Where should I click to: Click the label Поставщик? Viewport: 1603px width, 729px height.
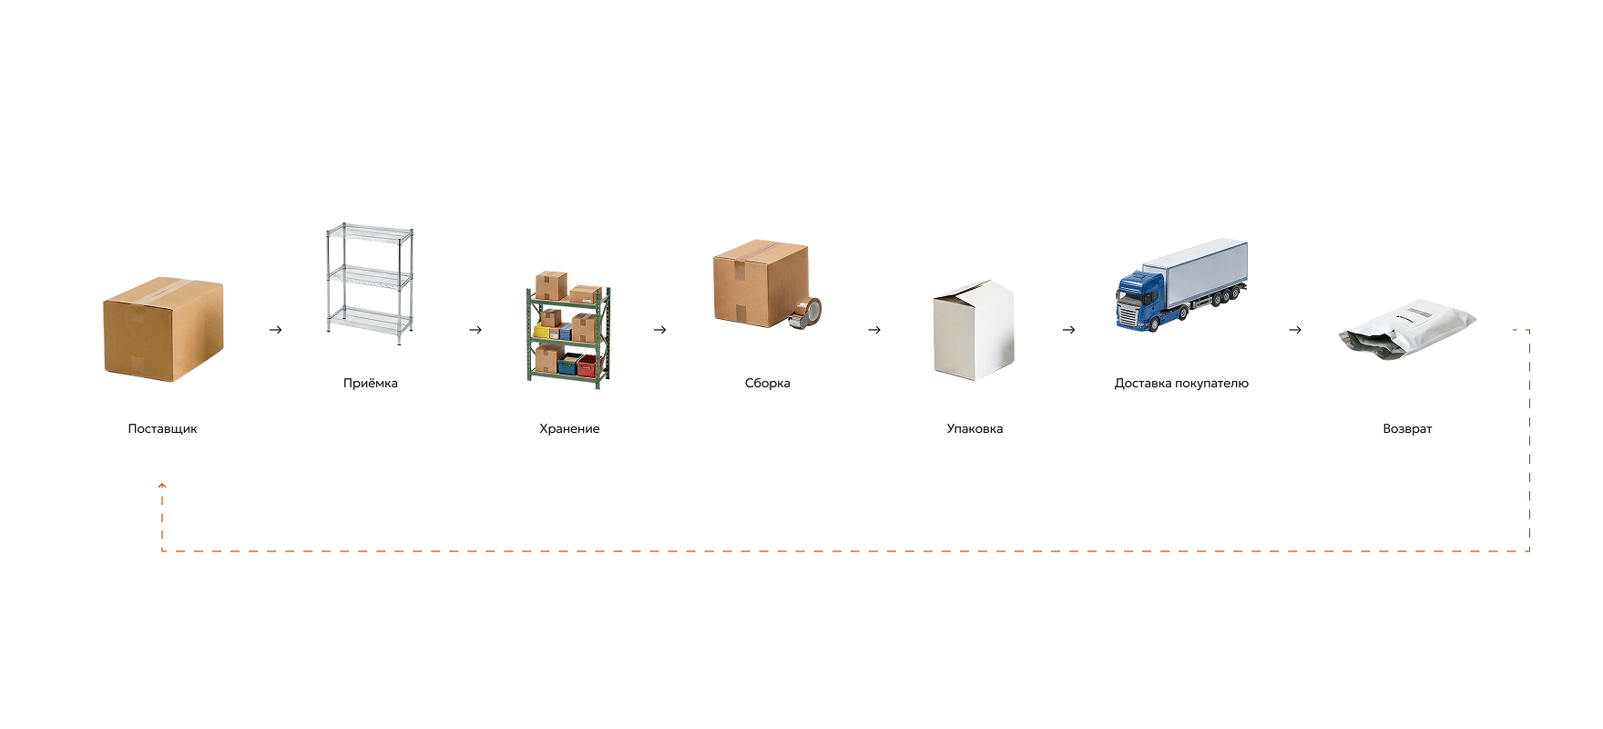point(162,428)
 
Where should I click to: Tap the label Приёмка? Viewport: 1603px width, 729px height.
point(371,383)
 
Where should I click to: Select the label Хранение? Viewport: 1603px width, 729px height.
point(569,428)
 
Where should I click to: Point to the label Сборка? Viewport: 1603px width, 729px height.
point(768,383)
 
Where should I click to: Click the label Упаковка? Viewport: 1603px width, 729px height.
point(975,428)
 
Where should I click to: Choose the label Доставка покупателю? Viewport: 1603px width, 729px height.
point(1181,383)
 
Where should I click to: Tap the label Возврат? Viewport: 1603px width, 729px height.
point(1407,428)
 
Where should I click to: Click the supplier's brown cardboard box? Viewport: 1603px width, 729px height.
point(163,329)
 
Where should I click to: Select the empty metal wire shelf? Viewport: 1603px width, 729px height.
point(370,283)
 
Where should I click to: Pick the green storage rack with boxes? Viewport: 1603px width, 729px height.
point(568,330)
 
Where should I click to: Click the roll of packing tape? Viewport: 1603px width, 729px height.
point(806,313)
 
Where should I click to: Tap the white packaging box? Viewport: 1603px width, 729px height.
point(974,329)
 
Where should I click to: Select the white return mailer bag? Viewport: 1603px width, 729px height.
point(1406,329)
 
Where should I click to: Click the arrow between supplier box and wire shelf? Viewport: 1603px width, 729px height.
point(276,330)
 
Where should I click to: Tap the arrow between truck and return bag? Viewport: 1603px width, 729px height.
point(1295,330)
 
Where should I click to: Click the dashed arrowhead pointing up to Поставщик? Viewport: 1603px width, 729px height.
point(162,486)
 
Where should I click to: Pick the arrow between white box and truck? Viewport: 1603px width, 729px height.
point(1069,330)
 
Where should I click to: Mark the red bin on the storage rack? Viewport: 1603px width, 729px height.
point(587,366)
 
